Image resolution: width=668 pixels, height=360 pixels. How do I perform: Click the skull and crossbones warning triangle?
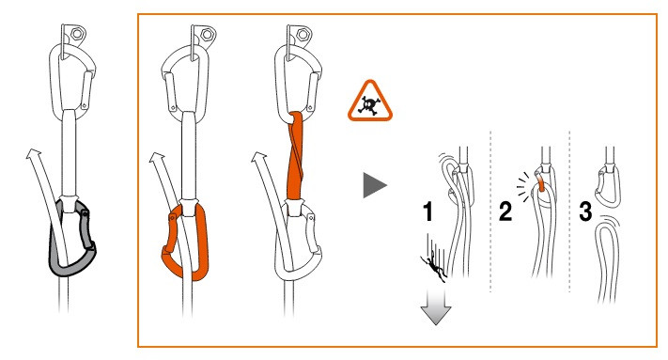pos(370,102)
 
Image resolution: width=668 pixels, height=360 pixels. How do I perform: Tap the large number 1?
pos(428,211)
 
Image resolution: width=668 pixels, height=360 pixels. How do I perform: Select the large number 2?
pos(505,211)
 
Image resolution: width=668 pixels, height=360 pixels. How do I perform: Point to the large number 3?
pos(585,211)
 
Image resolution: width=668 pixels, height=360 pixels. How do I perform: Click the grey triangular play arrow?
pos(374,185)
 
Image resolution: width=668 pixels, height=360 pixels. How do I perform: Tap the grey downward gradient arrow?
pos(436,306)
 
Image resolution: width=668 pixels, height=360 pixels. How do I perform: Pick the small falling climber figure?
pos(433,266)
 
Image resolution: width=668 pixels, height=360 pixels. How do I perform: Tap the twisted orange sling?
pos(294,155)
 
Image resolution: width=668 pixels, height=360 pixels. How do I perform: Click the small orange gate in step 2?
pos(541,184)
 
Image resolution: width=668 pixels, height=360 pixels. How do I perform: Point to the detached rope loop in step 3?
pos(598,256)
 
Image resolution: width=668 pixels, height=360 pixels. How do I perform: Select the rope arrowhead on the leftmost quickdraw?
pos(34,154)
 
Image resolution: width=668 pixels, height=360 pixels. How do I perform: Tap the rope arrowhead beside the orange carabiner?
pos(157,158)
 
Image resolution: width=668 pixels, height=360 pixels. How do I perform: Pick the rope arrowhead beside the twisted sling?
pos(259,158)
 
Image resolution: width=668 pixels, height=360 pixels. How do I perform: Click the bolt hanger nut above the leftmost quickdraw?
pos(77,33)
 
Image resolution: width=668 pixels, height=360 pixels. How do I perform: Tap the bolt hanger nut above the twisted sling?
pos(303,34)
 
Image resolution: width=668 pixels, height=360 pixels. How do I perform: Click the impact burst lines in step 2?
pos(524,187)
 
